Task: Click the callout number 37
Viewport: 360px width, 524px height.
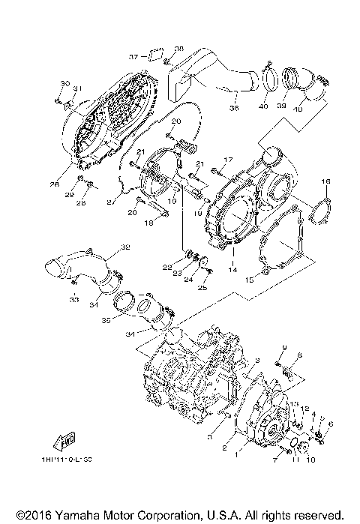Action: (132, 56)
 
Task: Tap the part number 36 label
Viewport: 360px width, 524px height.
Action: (233, 108)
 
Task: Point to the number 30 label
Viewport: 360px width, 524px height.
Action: (64, 82)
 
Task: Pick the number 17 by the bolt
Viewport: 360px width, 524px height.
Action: (229, 159)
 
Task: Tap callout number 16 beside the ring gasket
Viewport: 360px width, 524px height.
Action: (325, 181)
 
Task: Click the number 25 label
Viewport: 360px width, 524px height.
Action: (202, 287)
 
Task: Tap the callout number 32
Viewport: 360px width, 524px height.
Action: (125, 247)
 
